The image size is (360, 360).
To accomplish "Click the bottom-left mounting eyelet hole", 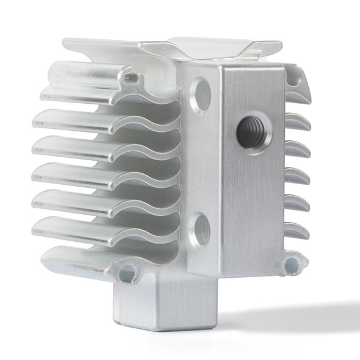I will pos(127,275).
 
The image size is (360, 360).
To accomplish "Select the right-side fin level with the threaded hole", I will pos(298,122).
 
